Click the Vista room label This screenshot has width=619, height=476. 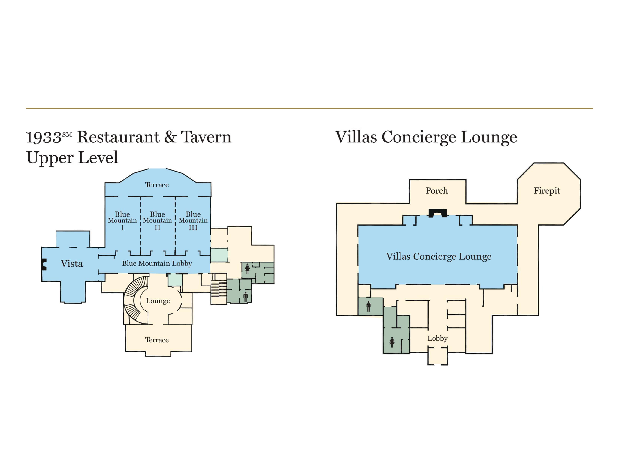pyautogui.click(x=72, y=264)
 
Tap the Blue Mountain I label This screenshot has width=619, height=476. pyautogui.click(x=122, y=221)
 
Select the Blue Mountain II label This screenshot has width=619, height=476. pyautogui.click(x=157, y=221)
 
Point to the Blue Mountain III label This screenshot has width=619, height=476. pyautogui.click(x=193, y=221)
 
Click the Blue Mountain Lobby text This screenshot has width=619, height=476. pyautogui.click(x=157, y=264)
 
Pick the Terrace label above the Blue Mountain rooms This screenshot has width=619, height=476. pyautogui.click(x=157, y=185)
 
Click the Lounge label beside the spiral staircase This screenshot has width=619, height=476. pyautogui.click(x=158, y=301)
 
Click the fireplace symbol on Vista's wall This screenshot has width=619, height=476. pyautogui.click(x=44, y=264)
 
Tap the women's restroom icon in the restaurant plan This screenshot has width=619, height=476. pyautogui.click(x=247, y=269)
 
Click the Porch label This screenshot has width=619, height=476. pyautogui.click(x=437, y=191)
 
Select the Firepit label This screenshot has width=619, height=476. pyautogui.click(x=547, y=191)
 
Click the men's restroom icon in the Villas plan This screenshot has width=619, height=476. pyautogui.click(x=368, y=307)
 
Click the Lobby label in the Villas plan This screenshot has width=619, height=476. pyautogui.click(x=438, y=338)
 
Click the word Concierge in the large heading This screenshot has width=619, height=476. pyautogui.click(x=419, y=138)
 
